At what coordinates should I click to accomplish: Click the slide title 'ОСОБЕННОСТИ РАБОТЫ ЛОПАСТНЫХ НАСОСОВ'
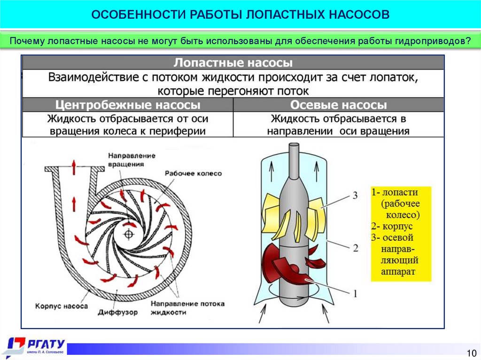[x=240, y=14]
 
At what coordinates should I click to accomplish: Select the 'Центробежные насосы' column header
[x=128, y=104]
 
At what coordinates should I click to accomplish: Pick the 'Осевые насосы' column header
[x=338, y=104]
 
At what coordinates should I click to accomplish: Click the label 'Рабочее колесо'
[x=193, y=173]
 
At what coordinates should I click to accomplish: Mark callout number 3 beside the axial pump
[x=356, y=195]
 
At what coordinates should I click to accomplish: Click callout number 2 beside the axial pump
[x=356, y=247]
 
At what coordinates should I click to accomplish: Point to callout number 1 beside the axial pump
[x=355, y=294]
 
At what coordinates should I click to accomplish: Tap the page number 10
[x=471, y=352]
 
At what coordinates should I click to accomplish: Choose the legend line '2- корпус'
[x=392, y=227]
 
